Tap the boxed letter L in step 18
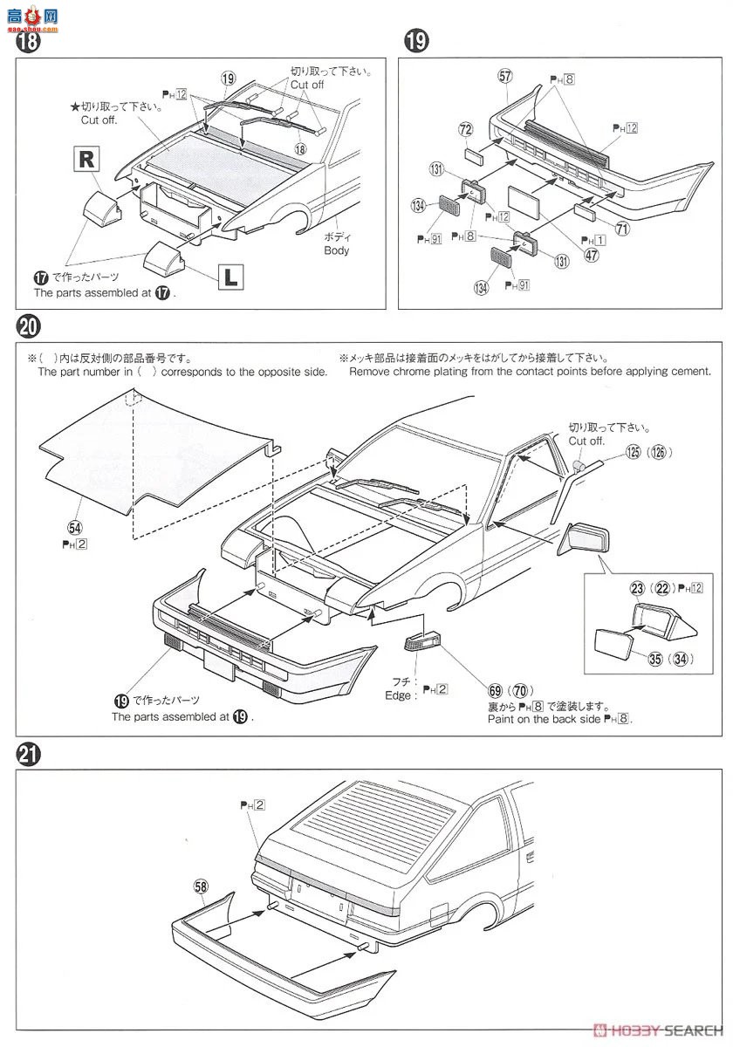tap(229, 277)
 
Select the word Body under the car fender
tap(336, 250)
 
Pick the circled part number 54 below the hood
tap(74, 527)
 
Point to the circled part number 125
tap(632, 452)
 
